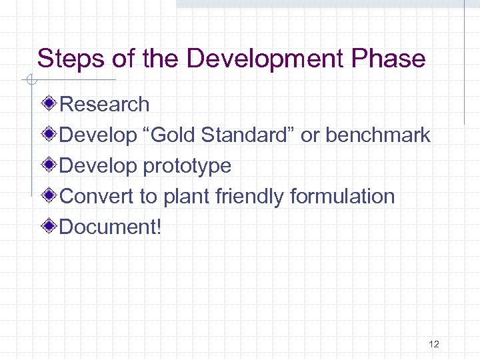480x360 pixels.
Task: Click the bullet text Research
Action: click(105, 105)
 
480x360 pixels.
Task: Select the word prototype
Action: click(187, 166)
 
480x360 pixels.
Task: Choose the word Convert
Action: click(93, 197)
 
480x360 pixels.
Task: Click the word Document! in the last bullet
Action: click(111, 227)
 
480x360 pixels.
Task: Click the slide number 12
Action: click(434, 345)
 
